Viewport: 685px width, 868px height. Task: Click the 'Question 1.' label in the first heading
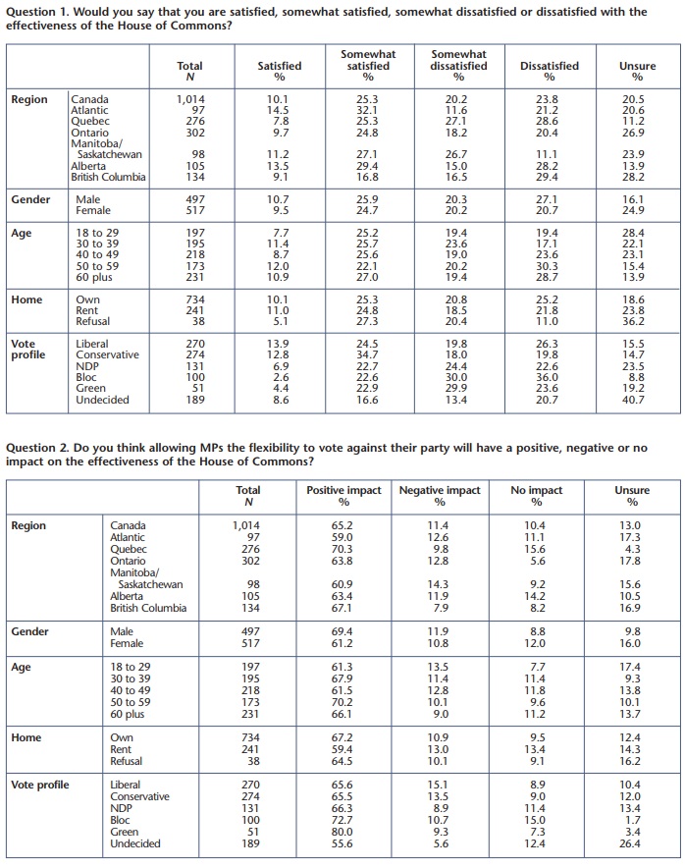click(x=36, y=12)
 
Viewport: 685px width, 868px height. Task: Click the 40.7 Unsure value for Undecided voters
click(x=637, y=400)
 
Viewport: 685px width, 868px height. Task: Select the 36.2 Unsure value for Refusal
click(x=637, y=321)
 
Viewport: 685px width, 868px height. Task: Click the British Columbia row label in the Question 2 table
click(x=148, y=608)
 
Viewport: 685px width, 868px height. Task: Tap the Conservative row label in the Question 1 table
click(x=107, y=355)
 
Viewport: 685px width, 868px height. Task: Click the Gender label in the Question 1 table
click(x=30, y=199)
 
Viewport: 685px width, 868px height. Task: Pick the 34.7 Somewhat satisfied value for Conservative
click(x=368, y=355)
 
